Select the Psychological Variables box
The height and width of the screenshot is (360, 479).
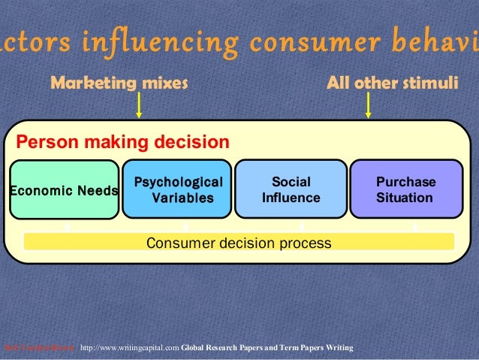[x=177, y=190]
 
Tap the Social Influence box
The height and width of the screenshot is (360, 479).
[x=291, y=190]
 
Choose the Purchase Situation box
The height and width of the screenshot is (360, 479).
[x=406, y=190]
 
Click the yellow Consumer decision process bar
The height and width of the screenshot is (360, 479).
[x=239, y=243]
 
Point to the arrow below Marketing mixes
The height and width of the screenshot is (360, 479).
[x=139, y=104]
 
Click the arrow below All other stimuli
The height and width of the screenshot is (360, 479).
[x=368, y=104]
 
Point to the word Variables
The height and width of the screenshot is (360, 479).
[x=182, y=198]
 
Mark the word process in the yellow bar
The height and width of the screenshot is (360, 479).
[x=303, y=243]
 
